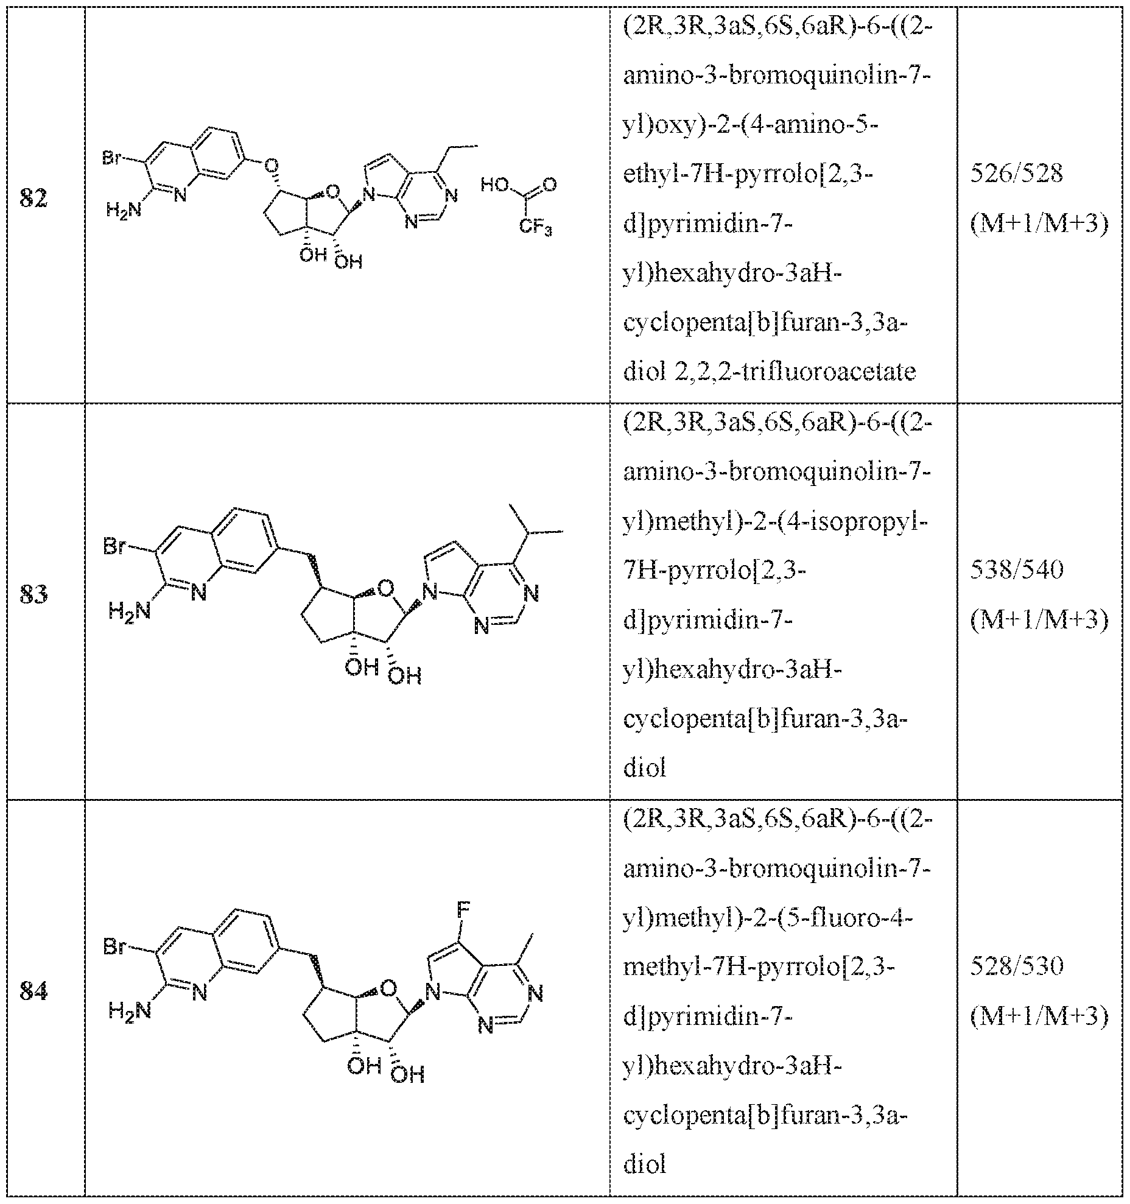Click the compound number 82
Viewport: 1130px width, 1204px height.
click(33, 200)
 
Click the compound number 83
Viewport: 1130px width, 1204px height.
click(33, 594)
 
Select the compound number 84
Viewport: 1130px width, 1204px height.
click(33, 992)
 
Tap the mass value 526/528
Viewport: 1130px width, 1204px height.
click(1016, 175)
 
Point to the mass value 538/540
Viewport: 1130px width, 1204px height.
click(1016, 570)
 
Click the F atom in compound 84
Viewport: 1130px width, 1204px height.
click(463, 912)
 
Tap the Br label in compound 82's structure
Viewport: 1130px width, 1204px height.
click(113, 160)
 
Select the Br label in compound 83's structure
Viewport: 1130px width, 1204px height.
click(114, 546)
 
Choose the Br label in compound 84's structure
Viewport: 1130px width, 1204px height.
click(114, 947)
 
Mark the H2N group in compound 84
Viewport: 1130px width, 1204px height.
click(129, 1011)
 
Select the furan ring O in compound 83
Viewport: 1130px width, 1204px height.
click(385, 588)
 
